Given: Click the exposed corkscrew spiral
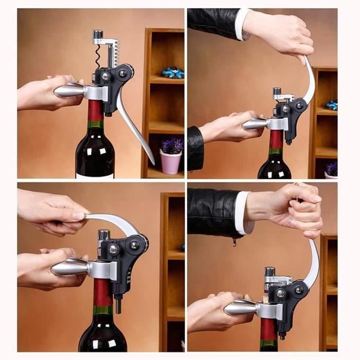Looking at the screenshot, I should pos(98,58).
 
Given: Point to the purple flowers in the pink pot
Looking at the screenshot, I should pos(172,146).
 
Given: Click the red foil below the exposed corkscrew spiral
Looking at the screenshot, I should pos(95,110).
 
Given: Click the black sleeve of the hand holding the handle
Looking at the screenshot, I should pos(195,148).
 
